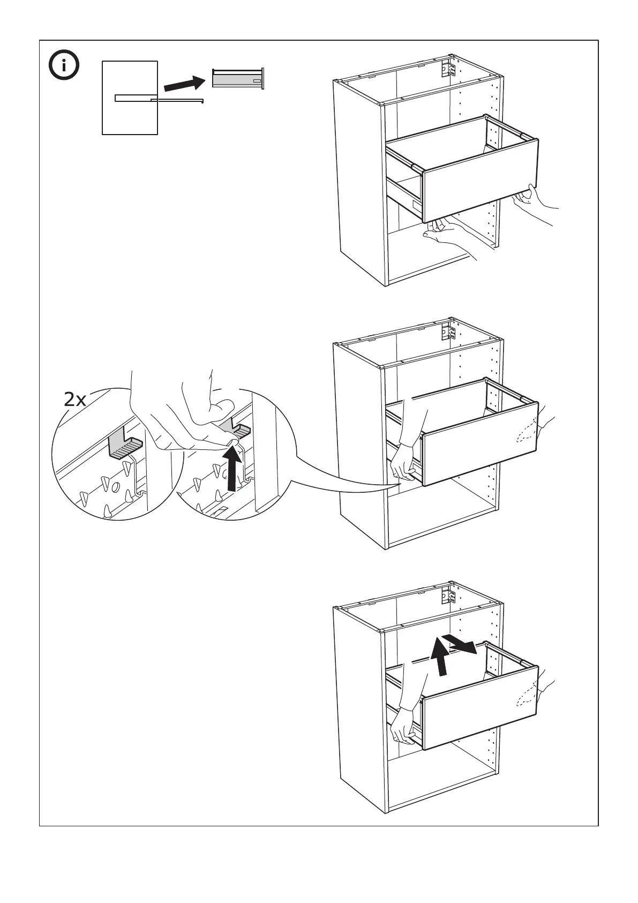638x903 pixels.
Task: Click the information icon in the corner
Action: [x=64, y=66]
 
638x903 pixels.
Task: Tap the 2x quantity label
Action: [x=75, y=399]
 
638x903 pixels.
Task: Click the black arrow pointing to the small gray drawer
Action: [x=184, y=84]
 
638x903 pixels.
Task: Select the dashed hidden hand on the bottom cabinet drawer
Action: [x=528, y=696]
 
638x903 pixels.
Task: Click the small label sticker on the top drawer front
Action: [x=417, y=205]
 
